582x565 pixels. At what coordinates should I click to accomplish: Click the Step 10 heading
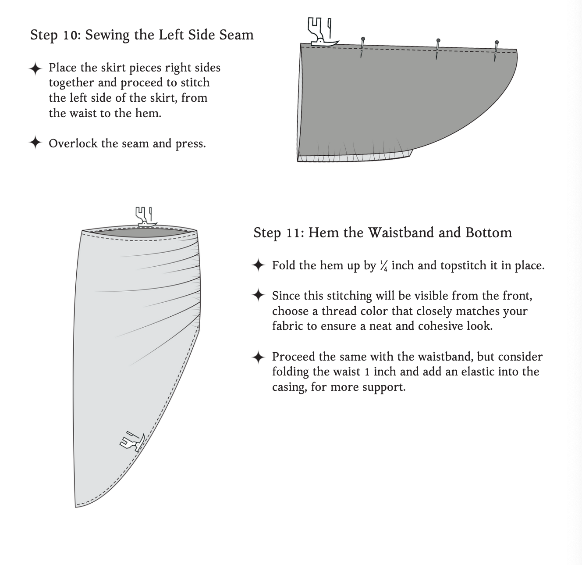[x=142, y=35]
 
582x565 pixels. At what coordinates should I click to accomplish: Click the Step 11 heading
[x=382, y=232]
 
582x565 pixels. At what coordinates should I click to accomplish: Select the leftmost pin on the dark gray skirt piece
[x=362, y=47]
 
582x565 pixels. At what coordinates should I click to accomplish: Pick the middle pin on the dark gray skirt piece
[x=438, y=49]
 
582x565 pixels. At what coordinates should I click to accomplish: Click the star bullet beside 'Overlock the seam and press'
[x=35, y=143]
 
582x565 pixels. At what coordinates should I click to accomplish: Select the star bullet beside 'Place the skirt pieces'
[x=35, y=68]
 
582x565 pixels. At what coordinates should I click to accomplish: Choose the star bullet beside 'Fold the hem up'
[x=259, y=265]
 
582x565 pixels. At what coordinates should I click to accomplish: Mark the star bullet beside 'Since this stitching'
[x=259, y=295]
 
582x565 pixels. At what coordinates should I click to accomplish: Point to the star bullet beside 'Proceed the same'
[x=259, y=358]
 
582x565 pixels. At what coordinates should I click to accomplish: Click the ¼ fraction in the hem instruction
[x=384, y=266]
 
